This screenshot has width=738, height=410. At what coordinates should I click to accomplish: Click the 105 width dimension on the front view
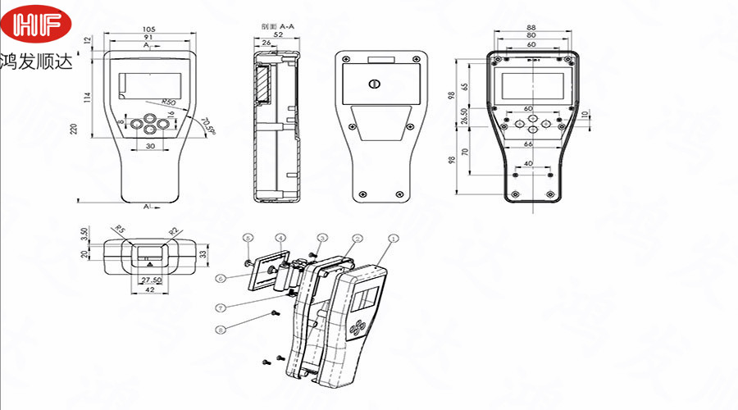pos(148,30)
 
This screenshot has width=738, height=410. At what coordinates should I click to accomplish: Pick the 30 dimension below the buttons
pos(150,145)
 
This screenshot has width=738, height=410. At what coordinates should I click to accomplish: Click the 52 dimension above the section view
pos(278,35)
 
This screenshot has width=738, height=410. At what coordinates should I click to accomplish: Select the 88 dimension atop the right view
pos(532,28)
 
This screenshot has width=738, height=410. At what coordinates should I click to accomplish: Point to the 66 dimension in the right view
pos(529,144)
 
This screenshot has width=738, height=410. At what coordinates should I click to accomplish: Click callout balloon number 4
pos(280,239)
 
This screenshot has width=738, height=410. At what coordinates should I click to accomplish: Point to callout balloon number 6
pos(221,278)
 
